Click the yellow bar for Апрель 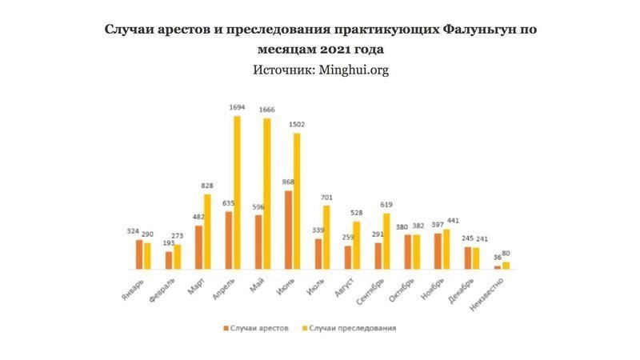coord(237,193)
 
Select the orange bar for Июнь coord(288,230)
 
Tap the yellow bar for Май coord(266,194)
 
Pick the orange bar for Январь coord(139,254)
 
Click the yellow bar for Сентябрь coord(386,241)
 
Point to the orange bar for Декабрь coord(468,258)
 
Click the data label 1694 coord(236,107)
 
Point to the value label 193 coord(168,242)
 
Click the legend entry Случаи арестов coord(256,328)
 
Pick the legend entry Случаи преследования coord(350,328)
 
